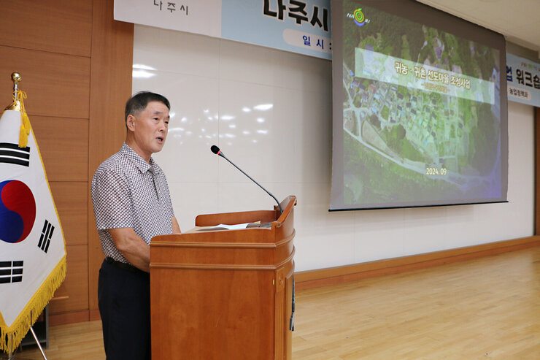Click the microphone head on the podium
215,150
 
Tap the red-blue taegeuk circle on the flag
16,211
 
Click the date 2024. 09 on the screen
436,171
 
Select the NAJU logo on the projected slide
358,17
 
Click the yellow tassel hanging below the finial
24,128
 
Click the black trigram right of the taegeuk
46,236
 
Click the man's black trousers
124,314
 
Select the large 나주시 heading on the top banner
296,11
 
